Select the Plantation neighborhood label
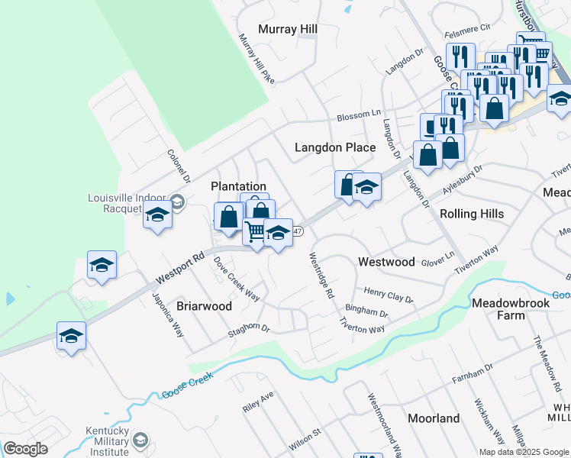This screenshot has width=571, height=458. pos(238,186)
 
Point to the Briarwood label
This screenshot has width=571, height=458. pos(204,306)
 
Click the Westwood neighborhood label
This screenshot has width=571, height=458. pos(386,262)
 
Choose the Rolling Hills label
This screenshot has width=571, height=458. pos(472,214)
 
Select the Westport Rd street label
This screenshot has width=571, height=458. pos(180,265)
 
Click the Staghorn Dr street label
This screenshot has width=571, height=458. pos(249,331)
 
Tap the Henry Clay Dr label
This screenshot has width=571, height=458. pos(388,295)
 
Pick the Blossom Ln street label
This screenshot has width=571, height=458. pos(359,116)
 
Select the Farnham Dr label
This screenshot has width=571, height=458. pos(473,373)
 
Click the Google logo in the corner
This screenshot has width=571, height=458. pos(26,449)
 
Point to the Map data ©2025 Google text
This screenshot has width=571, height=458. pos(523,452)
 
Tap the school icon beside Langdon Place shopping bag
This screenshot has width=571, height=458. pos(366,188)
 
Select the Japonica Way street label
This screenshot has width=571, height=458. pos(168,315)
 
